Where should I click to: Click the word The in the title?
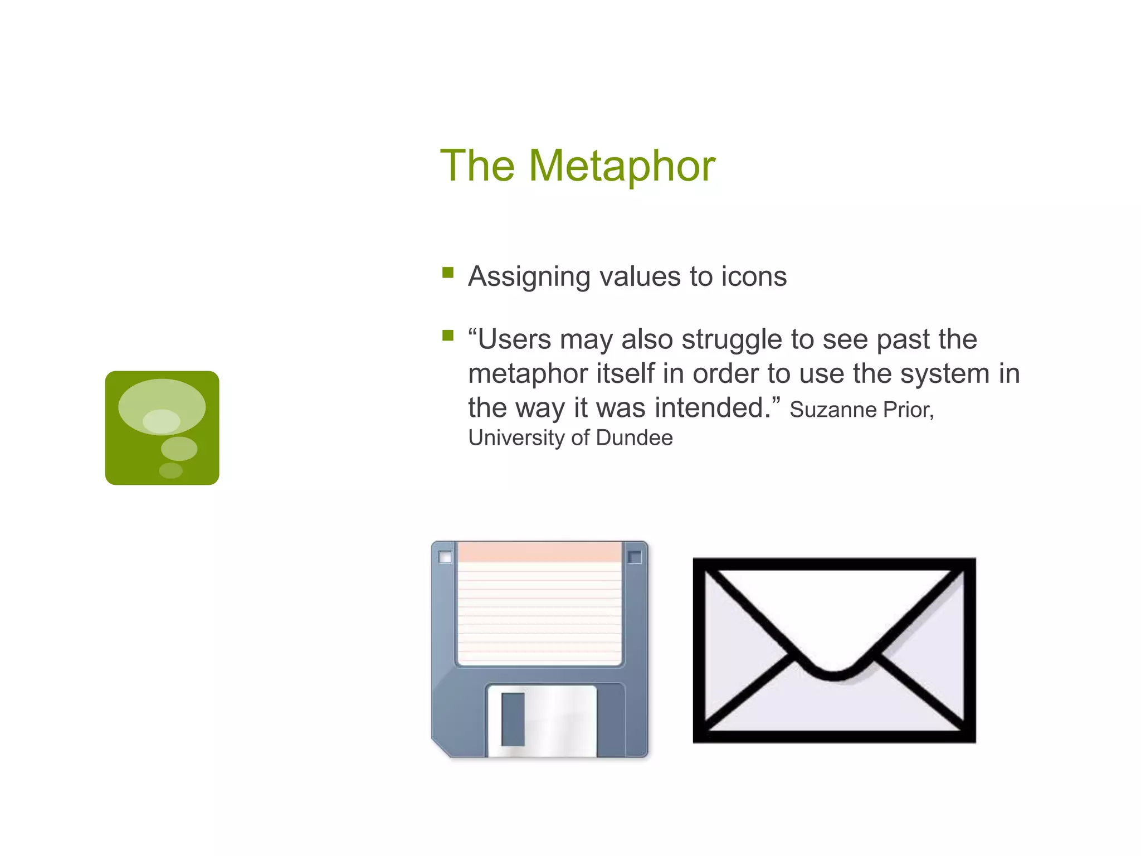coord(477,166)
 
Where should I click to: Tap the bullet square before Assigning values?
coord(448,273)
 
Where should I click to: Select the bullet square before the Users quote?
coord(448,335)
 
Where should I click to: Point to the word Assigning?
coord(529,278)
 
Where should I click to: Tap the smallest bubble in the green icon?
coord(170,471)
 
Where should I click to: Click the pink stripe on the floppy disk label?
coord(539,552)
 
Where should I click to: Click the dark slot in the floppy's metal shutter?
coord(513,719)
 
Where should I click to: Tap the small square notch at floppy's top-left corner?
coord(445,557)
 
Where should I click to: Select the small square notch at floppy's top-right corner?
coord(634,557)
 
